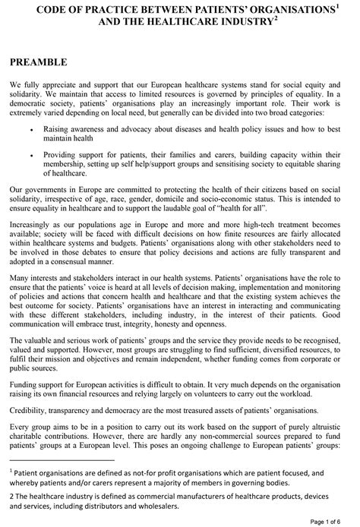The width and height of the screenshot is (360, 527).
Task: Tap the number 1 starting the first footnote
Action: click(12, 492)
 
